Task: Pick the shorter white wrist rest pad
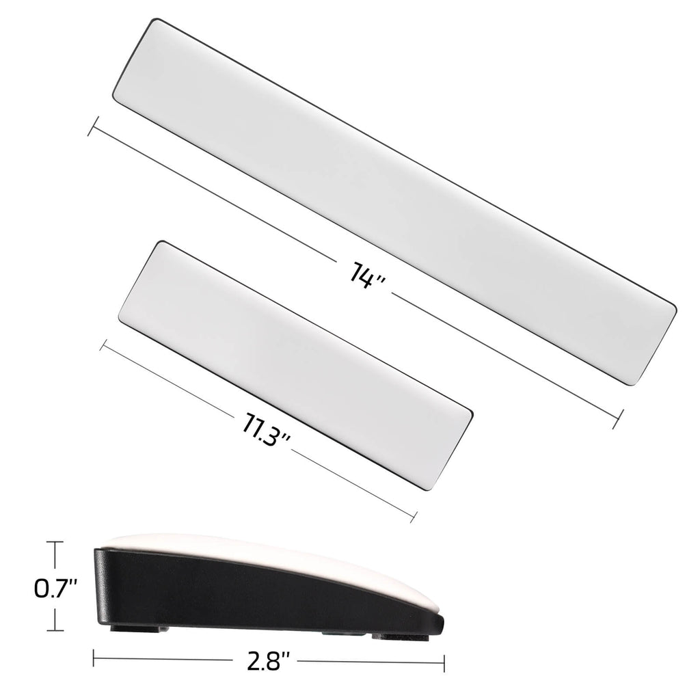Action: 295,364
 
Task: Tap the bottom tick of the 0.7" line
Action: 55,631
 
